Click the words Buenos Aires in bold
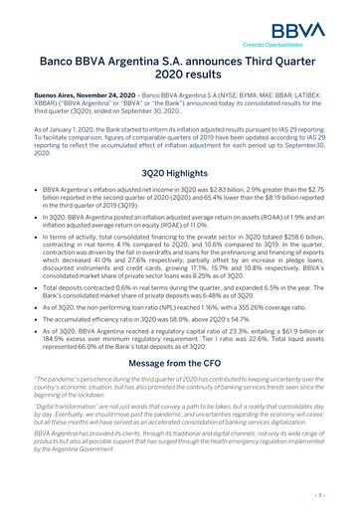pyautogui.click(x=49, y=95)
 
